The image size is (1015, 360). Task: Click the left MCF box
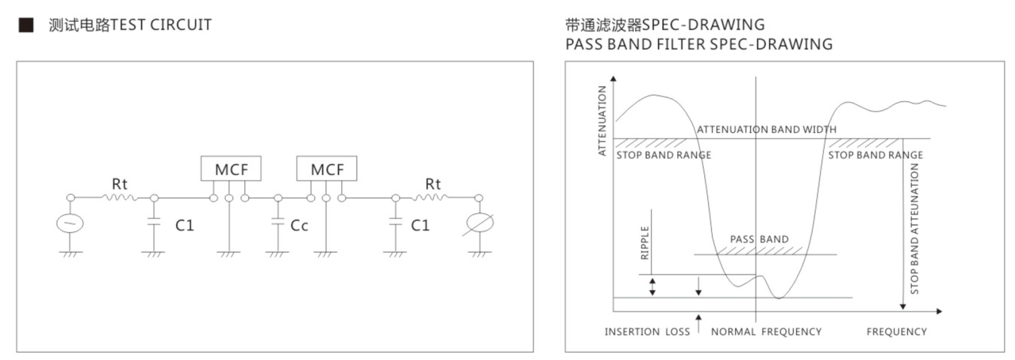tap(231, 169)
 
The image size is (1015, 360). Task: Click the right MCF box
tap(326, 169)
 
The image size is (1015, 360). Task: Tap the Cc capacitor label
tap(299, 225)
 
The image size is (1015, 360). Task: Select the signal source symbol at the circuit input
tap(70, 223)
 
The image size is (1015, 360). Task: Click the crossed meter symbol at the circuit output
tap(479, 223)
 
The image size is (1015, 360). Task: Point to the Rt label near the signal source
tap(119, 184)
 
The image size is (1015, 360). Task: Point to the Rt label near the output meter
tap(432, 184)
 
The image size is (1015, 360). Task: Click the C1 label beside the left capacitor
tap(185, 225)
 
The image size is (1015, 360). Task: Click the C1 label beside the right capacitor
tap(420, 225)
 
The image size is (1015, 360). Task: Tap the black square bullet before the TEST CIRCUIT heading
tap(26, 25)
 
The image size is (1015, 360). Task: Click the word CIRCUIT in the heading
tap(181, 25)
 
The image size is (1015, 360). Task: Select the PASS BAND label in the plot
tap(759, 239)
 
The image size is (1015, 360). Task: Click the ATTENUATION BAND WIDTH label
tap(766, 130)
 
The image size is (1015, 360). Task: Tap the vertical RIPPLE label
tap(645, 242)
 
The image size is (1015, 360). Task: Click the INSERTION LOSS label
tap(647, 332)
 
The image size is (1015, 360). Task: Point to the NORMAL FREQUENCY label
tap(766, 332)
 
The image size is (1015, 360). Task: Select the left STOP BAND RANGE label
tap(663, 155)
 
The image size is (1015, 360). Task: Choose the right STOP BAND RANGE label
tap(875, 155)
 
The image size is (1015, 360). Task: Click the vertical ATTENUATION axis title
tap(602, 120)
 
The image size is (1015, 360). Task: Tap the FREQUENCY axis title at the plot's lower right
tap(896, 332)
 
